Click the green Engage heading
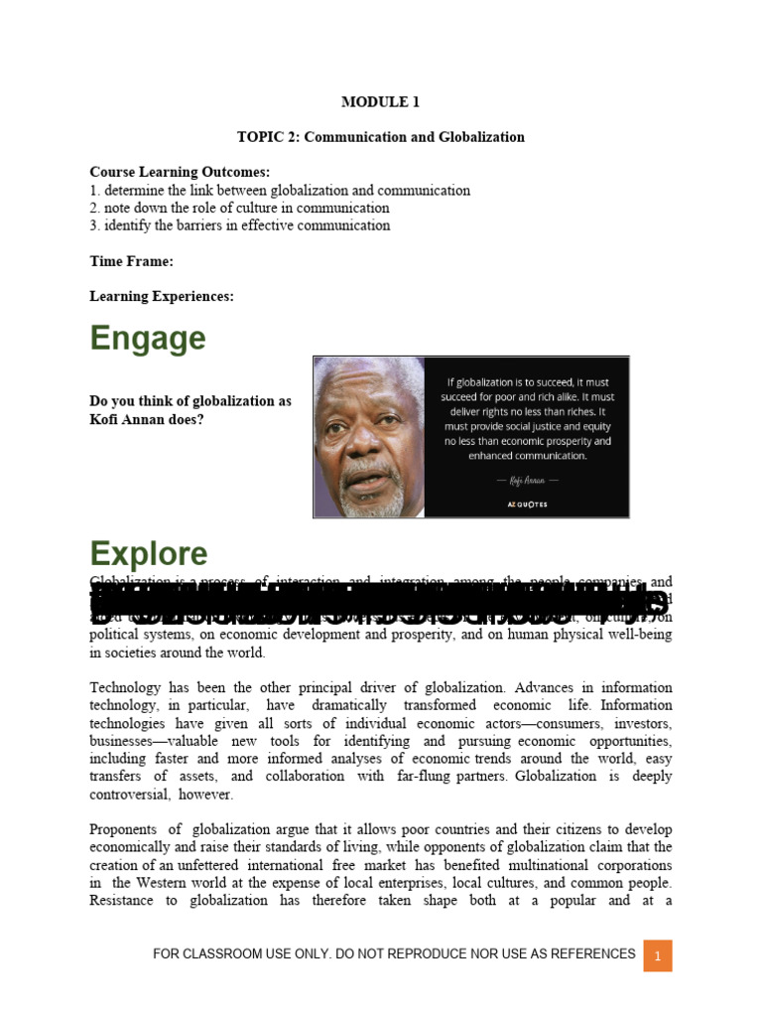click(148, 339)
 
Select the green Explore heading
click(149, 553)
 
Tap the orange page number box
click(657, 956)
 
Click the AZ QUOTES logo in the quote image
click(527, 504)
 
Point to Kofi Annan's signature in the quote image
click(527, 480)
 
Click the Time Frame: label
click(131, 261)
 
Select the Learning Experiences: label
click(162, 296)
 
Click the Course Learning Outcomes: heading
click(180, 172)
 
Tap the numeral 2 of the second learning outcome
click(93, 208)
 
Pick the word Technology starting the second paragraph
click(124, 687)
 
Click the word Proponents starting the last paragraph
click(123, 829)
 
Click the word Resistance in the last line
click(122, 901)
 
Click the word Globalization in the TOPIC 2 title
click(479, 137)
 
